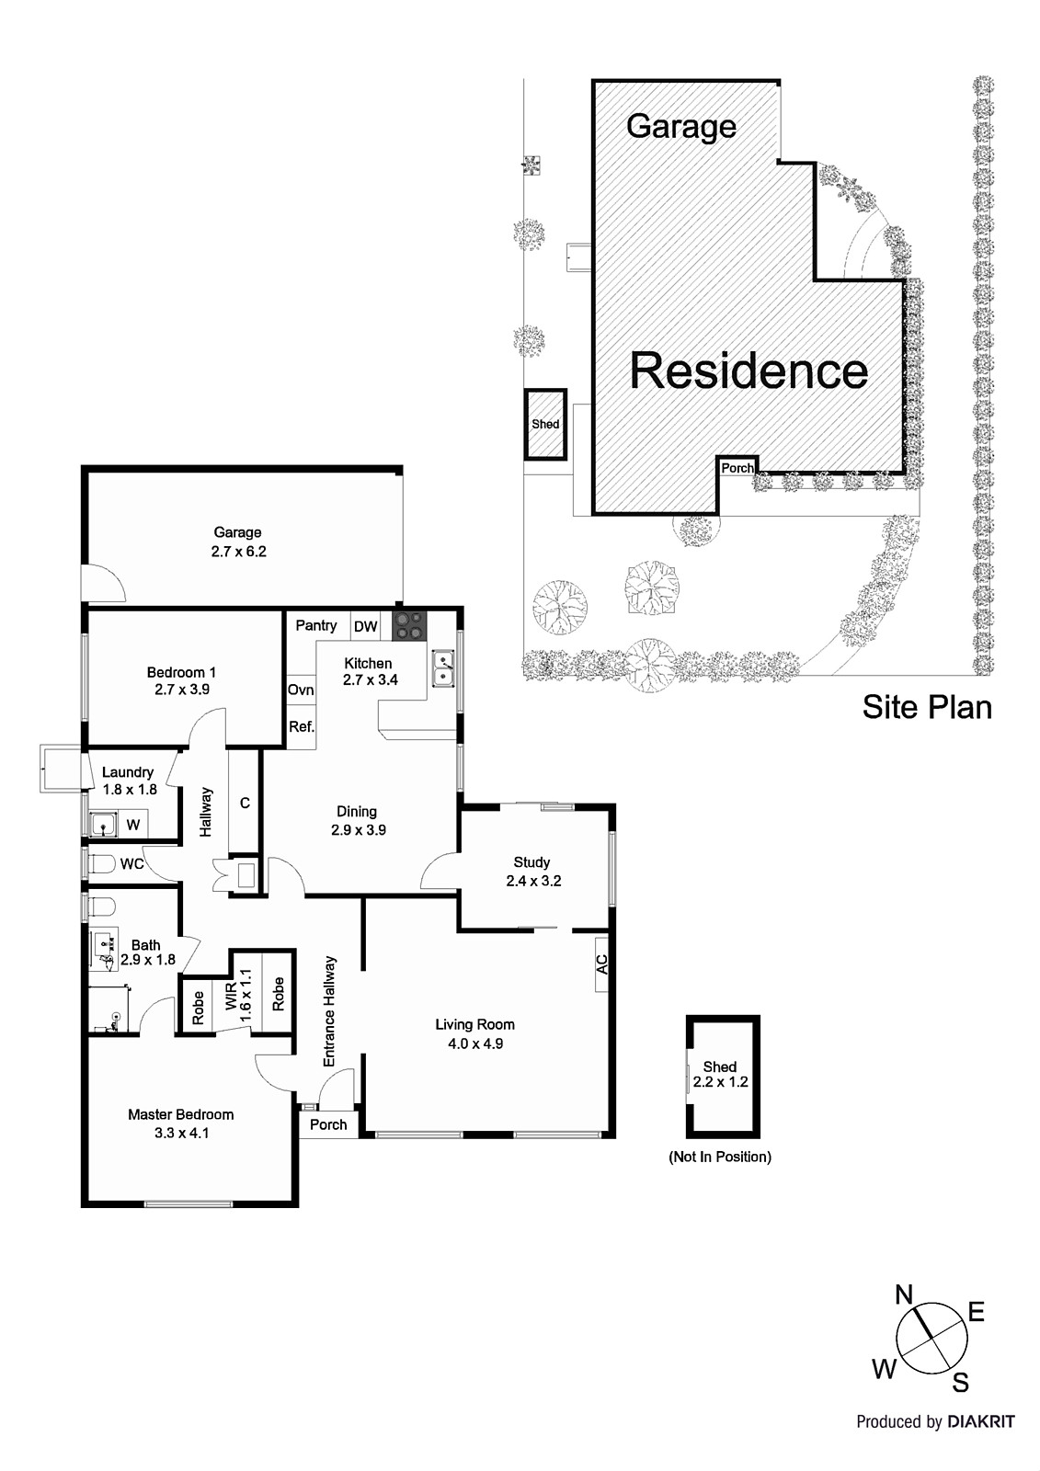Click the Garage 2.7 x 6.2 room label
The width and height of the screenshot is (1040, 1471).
coord(237,542)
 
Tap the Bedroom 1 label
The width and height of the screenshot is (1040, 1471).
coord(181,680)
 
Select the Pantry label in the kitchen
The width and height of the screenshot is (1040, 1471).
coord(316,626)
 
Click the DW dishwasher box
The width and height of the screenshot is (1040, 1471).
coord(366,627)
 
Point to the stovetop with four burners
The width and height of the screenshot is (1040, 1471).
coord(410,626)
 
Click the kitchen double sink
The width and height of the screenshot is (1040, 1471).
coord(444,669)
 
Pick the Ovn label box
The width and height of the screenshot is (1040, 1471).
coord(301,690)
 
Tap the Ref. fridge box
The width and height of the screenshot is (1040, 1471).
coord(302,726)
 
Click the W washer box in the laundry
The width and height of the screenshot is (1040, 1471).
coord(133,825)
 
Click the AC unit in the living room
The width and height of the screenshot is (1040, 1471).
coord(601,964)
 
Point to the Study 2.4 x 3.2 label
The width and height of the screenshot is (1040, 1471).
coord(532,871)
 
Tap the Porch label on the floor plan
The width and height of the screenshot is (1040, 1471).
coord(328,1124)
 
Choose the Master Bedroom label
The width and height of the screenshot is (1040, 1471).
coord(180,1123)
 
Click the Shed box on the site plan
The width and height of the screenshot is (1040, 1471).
coord(545,424)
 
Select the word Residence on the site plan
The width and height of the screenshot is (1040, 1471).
coord(749,371)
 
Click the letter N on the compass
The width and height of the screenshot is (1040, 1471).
coord(904,1295)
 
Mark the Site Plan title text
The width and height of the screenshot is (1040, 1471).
coord(927,707)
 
